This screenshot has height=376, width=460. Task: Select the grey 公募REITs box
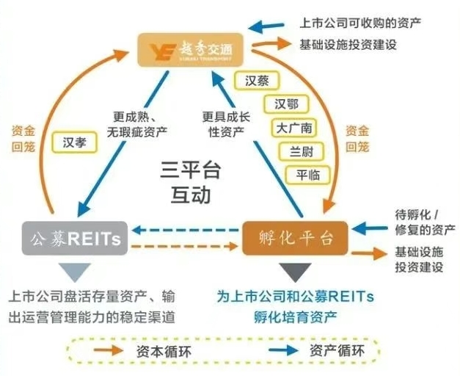73,238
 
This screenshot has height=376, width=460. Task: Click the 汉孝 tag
75,142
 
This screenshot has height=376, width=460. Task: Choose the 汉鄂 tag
286,104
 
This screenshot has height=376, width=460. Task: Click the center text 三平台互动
186,184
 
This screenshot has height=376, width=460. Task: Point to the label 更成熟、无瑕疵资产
139,123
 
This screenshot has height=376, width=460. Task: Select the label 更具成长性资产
227,123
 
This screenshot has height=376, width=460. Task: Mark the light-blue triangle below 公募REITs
73,272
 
